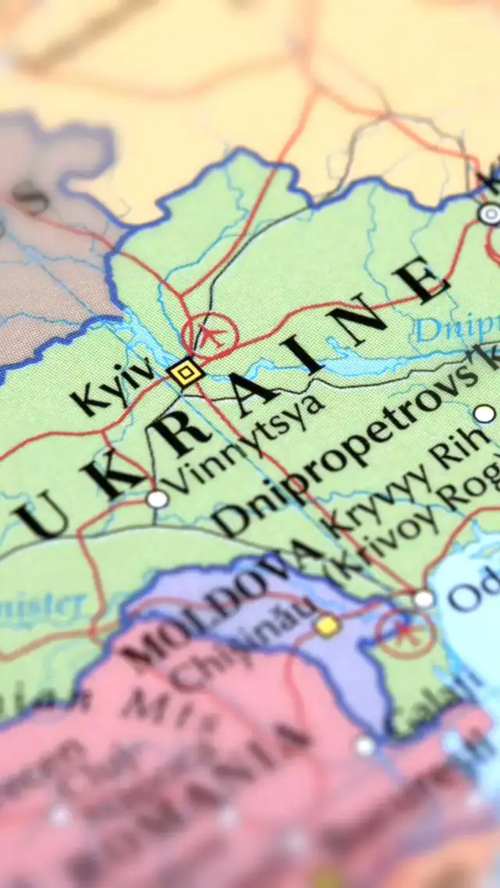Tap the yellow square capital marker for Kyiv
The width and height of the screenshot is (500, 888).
186,372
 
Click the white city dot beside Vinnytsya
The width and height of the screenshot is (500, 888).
157,499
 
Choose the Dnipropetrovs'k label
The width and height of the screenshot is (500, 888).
352,445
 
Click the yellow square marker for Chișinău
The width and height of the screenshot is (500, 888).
327,625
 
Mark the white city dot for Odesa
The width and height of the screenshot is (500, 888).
423,599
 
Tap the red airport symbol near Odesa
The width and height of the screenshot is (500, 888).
404,632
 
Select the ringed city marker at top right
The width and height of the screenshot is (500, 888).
490,214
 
